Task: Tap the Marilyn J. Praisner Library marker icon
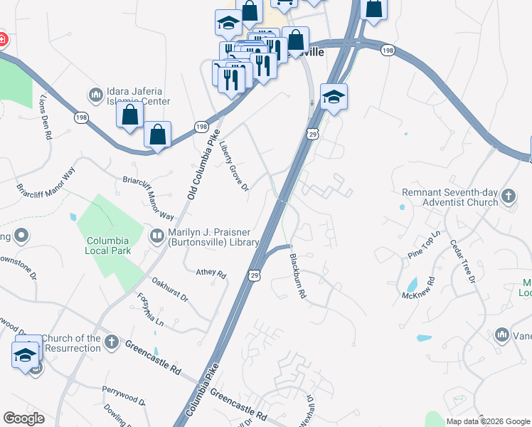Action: tap(156, 235)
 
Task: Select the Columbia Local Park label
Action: tap(109, 246)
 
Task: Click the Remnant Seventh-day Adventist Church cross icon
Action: tap(508, 195)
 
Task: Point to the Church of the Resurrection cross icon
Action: tap(111, 342)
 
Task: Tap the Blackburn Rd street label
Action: tap(297, 276)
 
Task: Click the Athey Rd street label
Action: tap(211, 273)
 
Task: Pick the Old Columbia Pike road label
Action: tap(201, 170)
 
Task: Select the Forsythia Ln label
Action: tap(150, 310)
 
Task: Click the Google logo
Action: tap(23, 418)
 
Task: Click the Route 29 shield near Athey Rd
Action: tap(254, 275)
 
